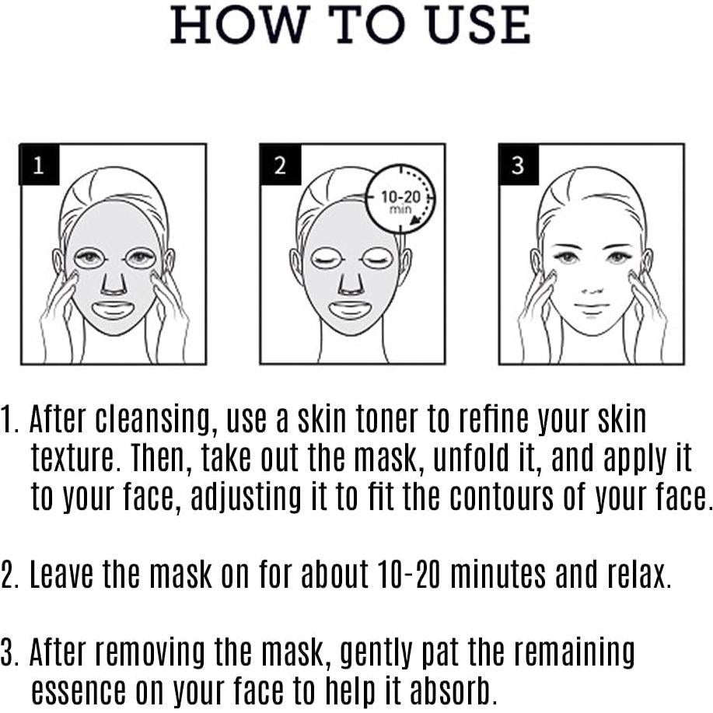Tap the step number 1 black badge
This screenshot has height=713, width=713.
pos(39,164)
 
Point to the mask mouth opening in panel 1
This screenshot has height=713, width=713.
pos(114,309)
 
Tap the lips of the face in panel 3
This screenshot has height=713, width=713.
pos(591,309)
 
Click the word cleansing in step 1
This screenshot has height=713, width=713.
pos(155,421)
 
